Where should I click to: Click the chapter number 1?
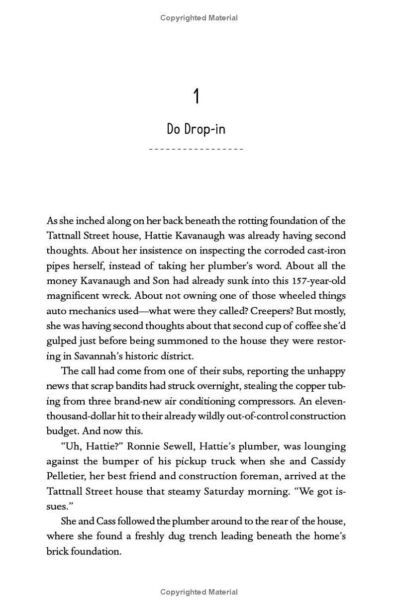coord(197,96)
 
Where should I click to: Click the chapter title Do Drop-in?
coord(196,129)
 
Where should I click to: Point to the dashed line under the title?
coord(196,149)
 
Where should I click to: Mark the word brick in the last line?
coord(58,551)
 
